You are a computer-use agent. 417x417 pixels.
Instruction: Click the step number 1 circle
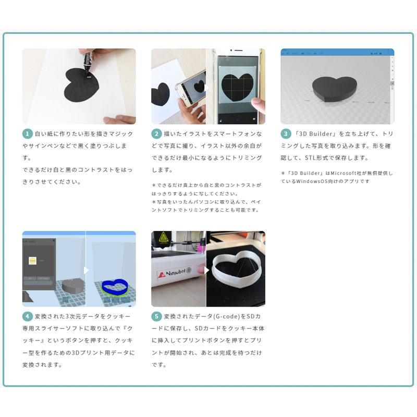click(x=27, y=133)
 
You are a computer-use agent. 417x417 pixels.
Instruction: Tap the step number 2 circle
click(x=156, y=133)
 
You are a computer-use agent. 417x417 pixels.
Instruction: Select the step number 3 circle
click(x=286, y=133)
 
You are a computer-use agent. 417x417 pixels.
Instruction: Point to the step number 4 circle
click(x=27, y=316)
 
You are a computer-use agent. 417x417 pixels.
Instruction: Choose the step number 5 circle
click(x=156, y=316)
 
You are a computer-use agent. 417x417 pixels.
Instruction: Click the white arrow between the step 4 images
click(x=87, y=271)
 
